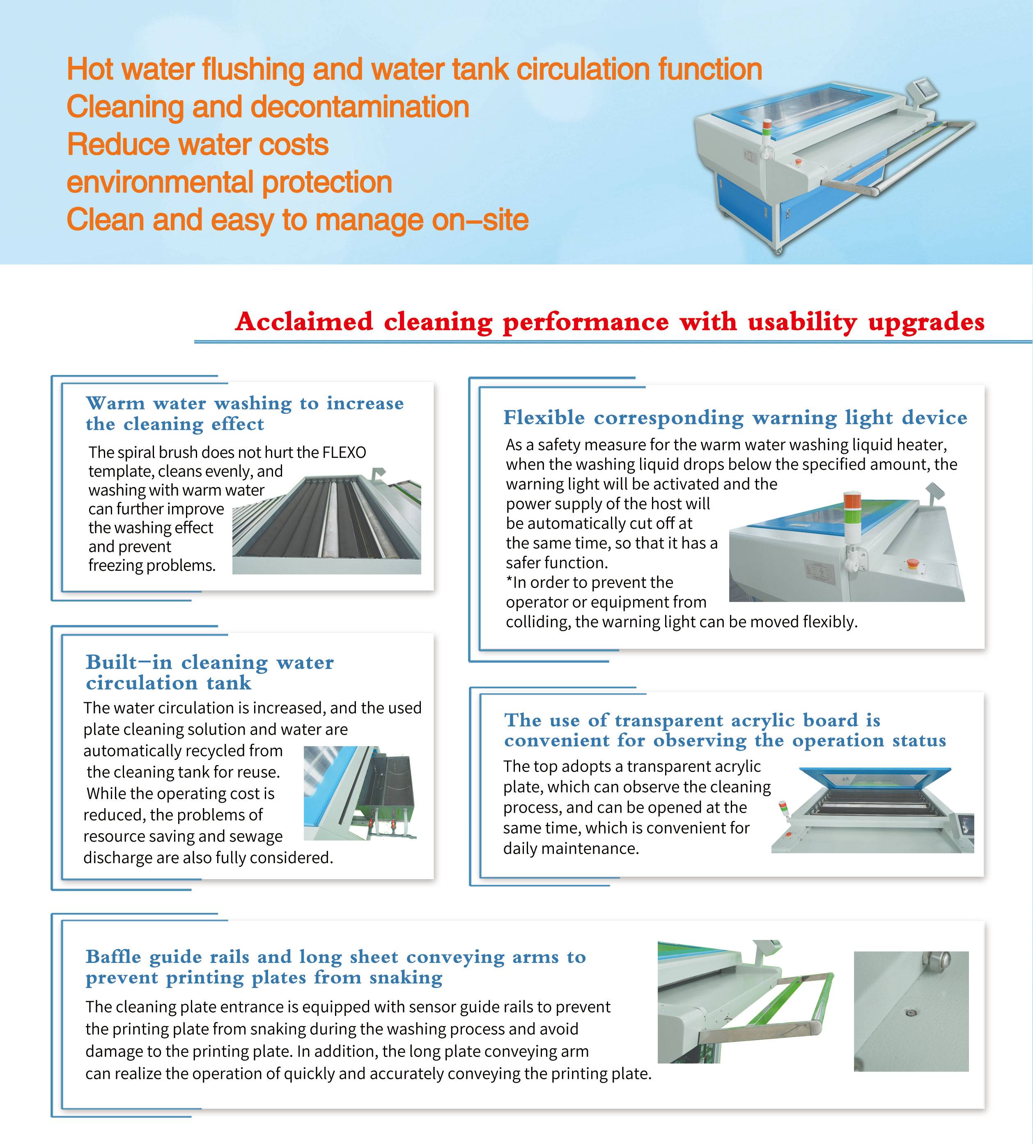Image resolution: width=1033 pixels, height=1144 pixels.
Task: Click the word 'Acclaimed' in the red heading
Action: click(304, 322)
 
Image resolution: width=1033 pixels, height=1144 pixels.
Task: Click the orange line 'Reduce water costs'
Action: click(197, 145)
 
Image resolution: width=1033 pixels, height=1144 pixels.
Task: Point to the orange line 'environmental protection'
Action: click(229, 182)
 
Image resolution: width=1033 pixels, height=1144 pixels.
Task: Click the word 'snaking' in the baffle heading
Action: click(406, 978)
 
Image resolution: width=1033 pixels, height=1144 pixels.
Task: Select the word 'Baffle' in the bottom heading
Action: click(113, 957)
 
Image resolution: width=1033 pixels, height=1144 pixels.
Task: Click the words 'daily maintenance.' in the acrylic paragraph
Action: click(571, 848)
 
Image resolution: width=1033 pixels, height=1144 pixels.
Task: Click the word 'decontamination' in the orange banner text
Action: click(360, 107)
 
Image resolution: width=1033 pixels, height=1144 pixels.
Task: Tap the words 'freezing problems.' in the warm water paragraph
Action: click(152, 566)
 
